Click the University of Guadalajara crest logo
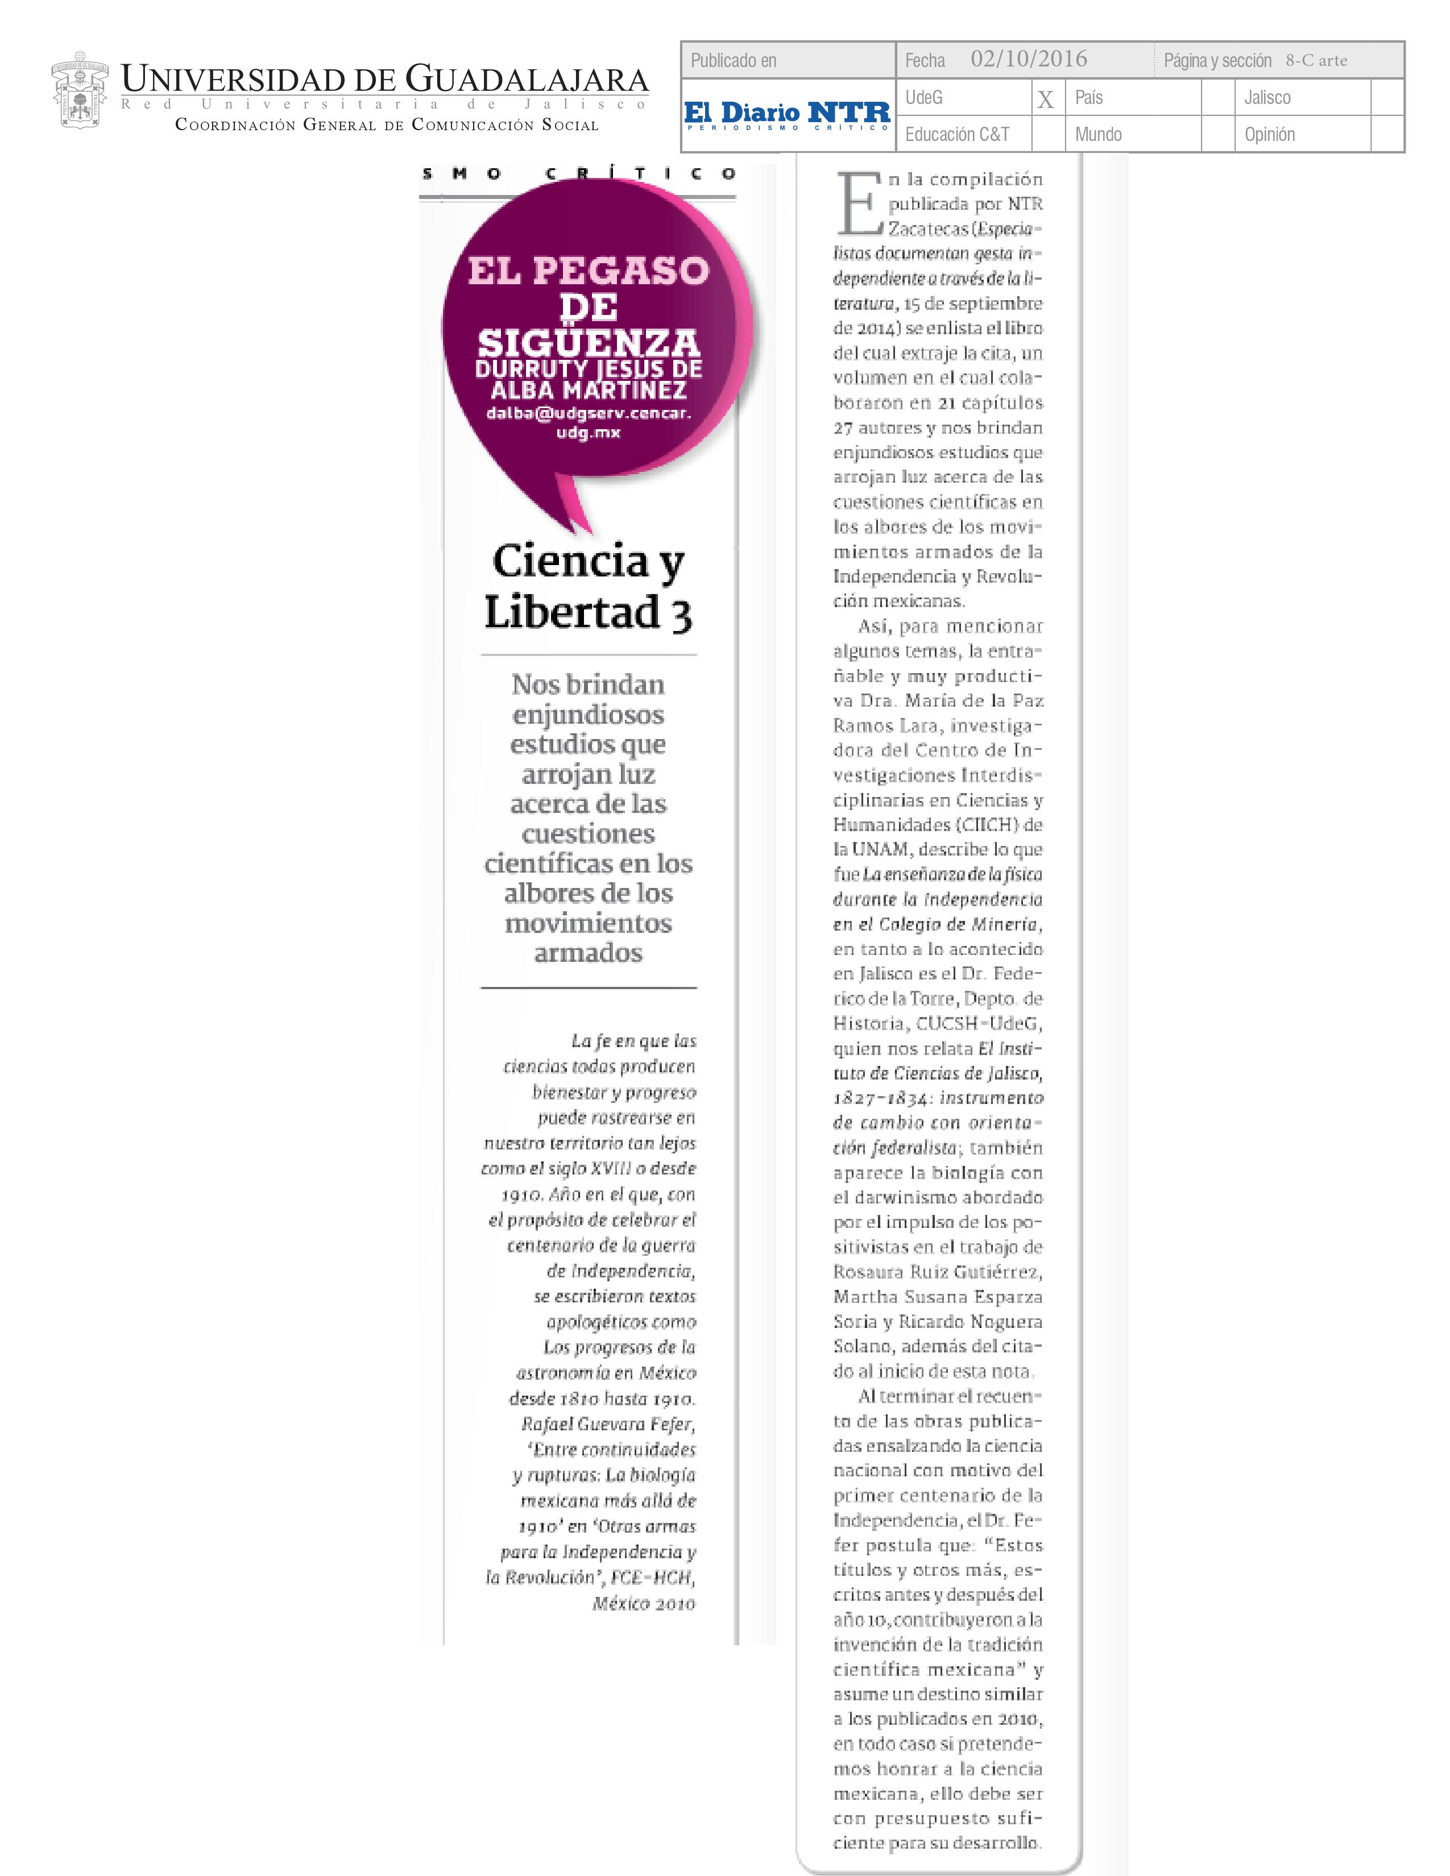(80, 90)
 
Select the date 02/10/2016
(1028, 59)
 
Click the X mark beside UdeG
(1045, 99)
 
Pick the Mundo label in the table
(1098, 135)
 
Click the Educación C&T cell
(957, 135)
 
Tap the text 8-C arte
(1316, 60)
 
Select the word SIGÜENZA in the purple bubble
(589, 343)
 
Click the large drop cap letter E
(858, 205)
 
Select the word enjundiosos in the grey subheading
(589, 715)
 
